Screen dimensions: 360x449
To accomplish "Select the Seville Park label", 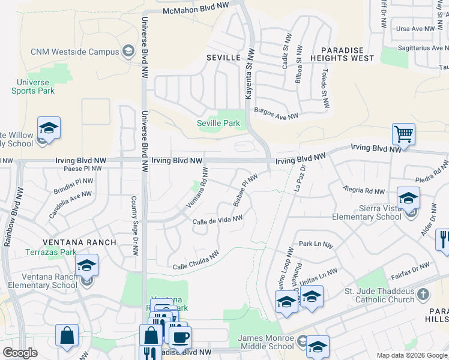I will click(218, 124).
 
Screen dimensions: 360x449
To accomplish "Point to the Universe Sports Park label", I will click(33, 86).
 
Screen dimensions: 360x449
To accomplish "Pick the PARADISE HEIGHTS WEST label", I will click(347, 54).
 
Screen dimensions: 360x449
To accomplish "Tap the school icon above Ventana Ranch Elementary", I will click(86, 265).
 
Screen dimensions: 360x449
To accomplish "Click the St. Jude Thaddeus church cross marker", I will click(424, 295).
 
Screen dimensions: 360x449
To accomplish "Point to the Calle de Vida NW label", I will click(217, 221).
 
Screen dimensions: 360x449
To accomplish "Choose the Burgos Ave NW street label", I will click(276, 114).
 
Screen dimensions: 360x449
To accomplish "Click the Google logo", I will click(20, 353).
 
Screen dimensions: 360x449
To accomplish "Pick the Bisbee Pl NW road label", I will click(245, 190).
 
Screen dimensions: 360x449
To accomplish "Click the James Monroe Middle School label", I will click(266, 343).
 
